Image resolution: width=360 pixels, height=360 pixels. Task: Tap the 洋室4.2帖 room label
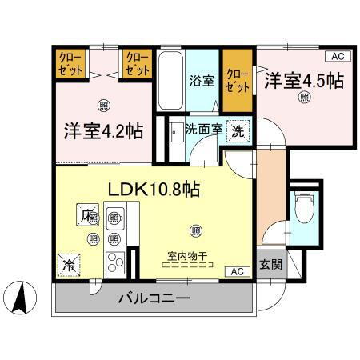(104, 130)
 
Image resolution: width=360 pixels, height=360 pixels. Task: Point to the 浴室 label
(202, 81)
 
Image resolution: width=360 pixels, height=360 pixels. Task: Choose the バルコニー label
(154, 299)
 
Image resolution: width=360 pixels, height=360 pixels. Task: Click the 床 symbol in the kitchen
(85, 214)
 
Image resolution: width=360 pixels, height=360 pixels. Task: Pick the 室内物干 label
(187, 256)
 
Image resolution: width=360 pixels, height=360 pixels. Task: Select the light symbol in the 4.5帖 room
(305, 98)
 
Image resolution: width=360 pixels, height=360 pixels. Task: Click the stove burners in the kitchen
(115, 262)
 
